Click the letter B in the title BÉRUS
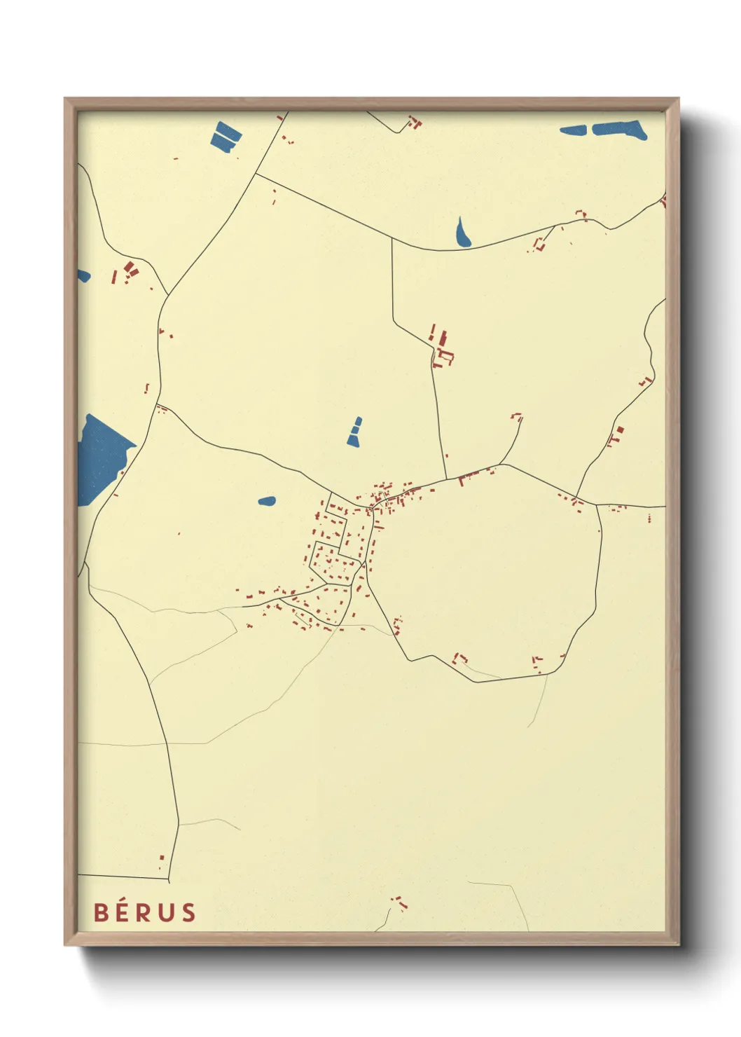tap(101, 912)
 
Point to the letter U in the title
tap(165, 912)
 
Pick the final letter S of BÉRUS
tap(188, 912)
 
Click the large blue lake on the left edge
tap(102, 457)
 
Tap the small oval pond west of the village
tap(267, 501)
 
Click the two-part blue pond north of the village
tap(355, 432)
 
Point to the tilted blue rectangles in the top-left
tap(226, 137)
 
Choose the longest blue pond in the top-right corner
tap(619, 130)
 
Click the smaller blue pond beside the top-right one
tap(574, 130)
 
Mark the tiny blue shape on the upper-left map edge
tap(83, 275)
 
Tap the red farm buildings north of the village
tap(441, 348)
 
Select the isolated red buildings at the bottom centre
tap(399, 902)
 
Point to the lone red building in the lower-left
tap(162, 858)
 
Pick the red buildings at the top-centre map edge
tap(415, 123)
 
